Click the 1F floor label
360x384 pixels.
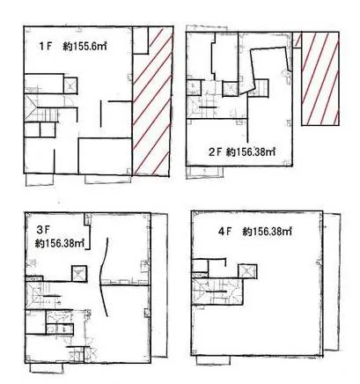pos(45,47)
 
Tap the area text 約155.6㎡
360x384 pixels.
pos(84,47)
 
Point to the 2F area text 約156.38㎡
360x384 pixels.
pos(251,151)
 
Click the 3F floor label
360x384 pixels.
pos(42,230)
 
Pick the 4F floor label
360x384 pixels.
pos(225,232)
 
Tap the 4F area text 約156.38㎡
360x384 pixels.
pos(268,232)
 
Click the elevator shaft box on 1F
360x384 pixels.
pos(70,85)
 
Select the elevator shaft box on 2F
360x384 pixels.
pos(230,88)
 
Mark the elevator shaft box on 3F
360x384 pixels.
pos(79,274)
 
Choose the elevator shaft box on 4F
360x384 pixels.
pos(247,271)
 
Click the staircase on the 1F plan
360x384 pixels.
pos(41,108)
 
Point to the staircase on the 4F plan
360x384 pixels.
pos(217,292)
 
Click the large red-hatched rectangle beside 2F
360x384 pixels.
pos(320,78)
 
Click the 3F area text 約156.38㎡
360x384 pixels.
pos(60,244)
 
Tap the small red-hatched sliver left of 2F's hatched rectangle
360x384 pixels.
pos(297,40)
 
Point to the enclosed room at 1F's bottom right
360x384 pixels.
pos(105,156)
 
